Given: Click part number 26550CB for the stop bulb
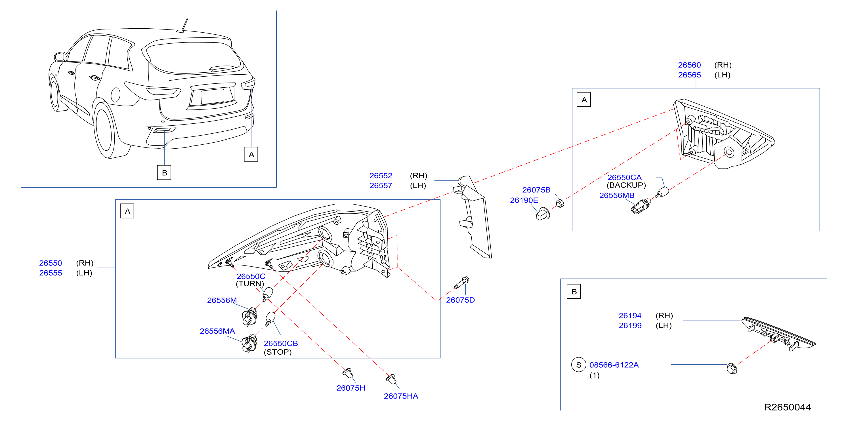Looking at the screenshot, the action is pyautogui.click(x=281, y=343).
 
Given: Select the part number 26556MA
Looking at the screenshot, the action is pyautogui.click(x=217, y=331).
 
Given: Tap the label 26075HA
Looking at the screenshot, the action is pyautogui.click(x=401, y=396).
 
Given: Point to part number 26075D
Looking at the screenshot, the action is pyautogui.click(x=460, y=300).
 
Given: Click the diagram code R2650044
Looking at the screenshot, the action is pyautogui.click(x=788, y=407).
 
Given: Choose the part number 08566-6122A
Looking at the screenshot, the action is pyautogui.click(x=614, y=365).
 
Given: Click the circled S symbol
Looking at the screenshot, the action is pyautogui.click(x=579, y=365).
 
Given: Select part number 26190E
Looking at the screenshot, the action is pyautogui.click(x=524, y=200).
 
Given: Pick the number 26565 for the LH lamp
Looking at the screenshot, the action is pyautogui.click(x=689, y=75).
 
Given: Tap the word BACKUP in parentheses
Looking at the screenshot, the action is pyautogui.click(x=626, y=185).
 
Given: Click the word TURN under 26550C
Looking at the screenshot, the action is pyautogui.click(x=250, y=283).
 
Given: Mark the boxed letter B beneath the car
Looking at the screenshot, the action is pyautogui.click(x=164, y=172).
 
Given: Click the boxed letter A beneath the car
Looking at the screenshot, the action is pyautogui.click(x=251, y=154).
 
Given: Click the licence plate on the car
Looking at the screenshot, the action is pyautogui.click(x=212, y=96).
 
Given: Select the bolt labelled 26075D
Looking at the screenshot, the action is pyautogui.click(x=461, y=283).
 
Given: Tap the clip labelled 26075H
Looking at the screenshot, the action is pyautogui.click(x=348, y=374).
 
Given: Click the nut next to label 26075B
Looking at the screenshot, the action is pyautogui.click(x=560, y=203).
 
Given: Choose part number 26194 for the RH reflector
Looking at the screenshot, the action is pyautogui.click(x=630, y=315).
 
